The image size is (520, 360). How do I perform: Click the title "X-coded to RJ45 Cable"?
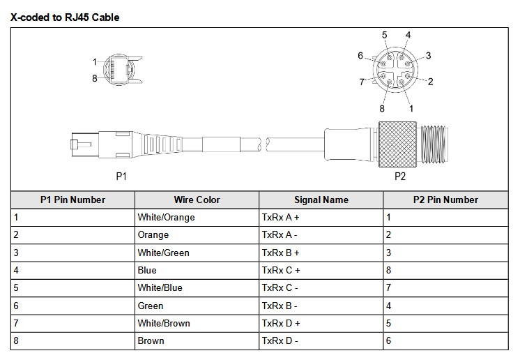(65, 17)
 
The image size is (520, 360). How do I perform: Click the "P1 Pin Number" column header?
(73, 200)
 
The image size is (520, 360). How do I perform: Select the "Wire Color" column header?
(197, 200)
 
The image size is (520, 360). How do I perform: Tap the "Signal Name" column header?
(321, 200)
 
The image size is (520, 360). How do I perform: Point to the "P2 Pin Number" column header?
(445, 200)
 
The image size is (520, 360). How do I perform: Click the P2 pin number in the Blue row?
(389, 270)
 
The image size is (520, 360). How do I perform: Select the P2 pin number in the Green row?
(389, 306)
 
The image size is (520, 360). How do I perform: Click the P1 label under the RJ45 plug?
(121, 177)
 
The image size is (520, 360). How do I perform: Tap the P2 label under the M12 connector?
(400, 177)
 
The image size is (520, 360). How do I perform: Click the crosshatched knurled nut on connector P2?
(397, 144)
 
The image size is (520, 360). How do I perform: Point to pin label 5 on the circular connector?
(384, 35)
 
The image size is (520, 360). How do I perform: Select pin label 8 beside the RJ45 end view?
(95, 78)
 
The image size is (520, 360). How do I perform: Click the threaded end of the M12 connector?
(434, 144)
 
